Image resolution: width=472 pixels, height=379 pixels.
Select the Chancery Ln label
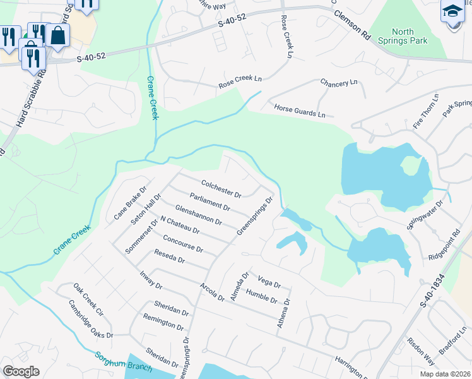pyautogui.click(x=339, y=83)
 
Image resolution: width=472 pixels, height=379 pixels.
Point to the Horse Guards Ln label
pyautogui.click(x=299, y=111)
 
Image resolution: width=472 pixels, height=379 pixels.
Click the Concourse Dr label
pyautogui.click(x=182, y=244)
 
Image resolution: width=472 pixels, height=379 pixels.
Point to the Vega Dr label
pyautogui.click(x=269, y=280)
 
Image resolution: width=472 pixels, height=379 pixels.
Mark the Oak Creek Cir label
pyautogui.click(x=87, y=301)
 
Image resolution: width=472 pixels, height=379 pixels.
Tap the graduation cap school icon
pyautogui.click(x=452, y=13)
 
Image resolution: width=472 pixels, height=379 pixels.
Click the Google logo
pyautogui.click(x=21, y=371)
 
